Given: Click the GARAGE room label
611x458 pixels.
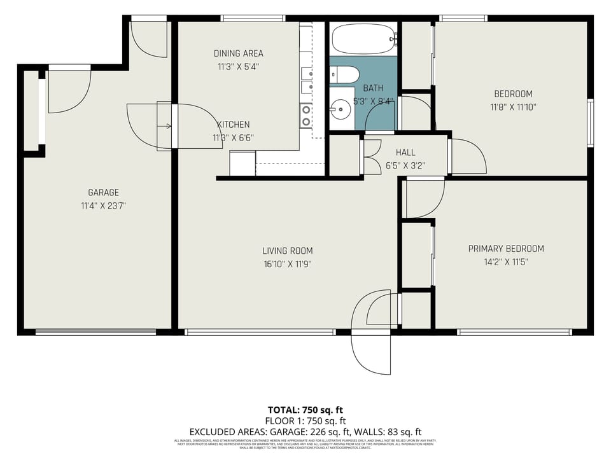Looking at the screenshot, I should [x=103, y=193].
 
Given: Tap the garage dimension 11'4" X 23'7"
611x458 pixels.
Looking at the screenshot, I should [x=103, y=205].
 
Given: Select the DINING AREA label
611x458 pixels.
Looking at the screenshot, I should [x=238, y=53].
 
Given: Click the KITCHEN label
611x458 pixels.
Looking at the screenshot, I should [x=233, y=125].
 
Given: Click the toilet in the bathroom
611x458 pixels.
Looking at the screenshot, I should [x=344, y=74].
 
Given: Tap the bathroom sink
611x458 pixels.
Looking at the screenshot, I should [x=341, y=109].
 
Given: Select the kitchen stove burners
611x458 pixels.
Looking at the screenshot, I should [x=306, y=116].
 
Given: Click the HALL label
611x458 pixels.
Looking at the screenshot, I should [x=405, y=153].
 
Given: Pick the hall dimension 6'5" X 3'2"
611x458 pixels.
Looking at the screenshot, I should [x=405, y=165].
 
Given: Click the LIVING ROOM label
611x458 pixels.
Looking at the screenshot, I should [x=288, y=251].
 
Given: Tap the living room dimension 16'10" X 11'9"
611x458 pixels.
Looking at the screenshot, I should [x=288, y=263].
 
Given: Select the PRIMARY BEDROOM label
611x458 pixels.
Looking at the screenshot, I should [x=506, y=249].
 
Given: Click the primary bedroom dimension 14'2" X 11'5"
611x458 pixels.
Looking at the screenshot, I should [x=506, y=261].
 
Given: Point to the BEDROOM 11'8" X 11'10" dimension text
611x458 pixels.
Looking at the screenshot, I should [x=513, y=108].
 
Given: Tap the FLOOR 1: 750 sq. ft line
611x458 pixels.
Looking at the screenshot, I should [x=305, y=421].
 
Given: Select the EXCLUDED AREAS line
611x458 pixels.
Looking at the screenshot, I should [x=305, y=432].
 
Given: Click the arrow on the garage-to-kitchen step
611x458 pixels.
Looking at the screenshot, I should [x=168, y=126].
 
